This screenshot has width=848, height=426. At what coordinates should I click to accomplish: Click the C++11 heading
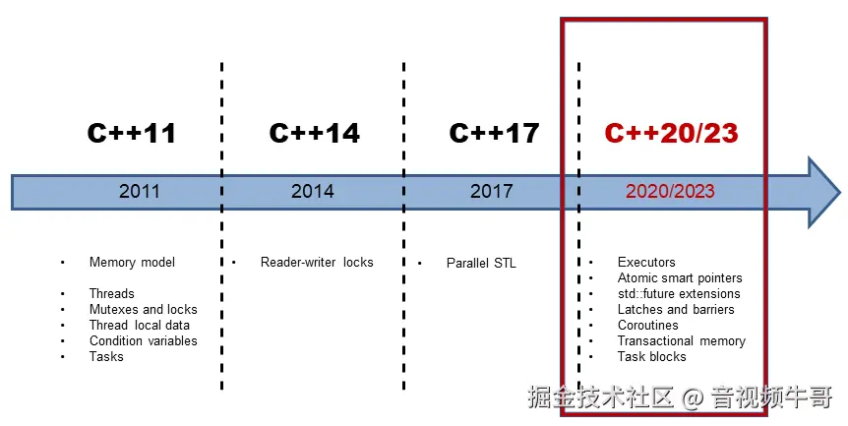tap(131, 133)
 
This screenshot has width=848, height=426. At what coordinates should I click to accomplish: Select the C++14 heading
tap(314, 133)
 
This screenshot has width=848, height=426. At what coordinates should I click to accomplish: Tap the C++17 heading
tap(494, 133)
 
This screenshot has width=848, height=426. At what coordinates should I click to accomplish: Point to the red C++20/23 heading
tap(671, 133)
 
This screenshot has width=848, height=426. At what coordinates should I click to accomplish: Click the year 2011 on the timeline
tap(140, 191)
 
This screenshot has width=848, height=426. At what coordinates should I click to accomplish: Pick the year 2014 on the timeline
tap(312, 191)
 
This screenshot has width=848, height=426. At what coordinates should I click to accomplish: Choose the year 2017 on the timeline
tap(491, 191)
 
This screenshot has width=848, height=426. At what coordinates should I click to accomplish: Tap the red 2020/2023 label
tap(670, 191)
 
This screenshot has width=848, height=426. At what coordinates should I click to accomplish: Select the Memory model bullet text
tap(132, 262)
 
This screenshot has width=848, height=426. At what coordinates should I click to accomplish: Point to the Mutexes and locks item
tap(143, 309)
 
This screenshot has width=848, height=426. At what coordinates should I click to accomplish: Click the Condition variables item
tap(143, 340)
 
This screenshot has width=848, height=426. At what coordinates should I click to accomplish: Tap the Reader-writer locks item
tap(317, 262)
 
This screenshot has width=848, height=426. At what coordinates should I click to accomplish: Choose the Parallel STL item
tap(481, 263)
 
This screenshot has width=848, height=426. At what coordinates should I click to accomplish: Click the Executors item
tap(646, 262)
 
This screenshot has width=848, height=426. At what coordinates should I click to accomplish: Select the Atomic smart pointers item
tap(680, 277)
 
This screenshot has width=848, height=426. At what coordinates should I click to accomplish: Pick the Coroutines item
tap(647, 325)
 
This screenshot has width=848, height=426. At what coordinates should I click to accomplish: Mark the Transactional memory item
tap(681, 340)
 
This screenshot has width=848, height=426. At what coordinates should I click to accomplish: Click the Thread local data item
tap(139, 325)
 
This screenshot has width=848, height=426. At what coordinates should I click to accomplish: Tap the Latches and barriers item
tap(675, 309)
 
